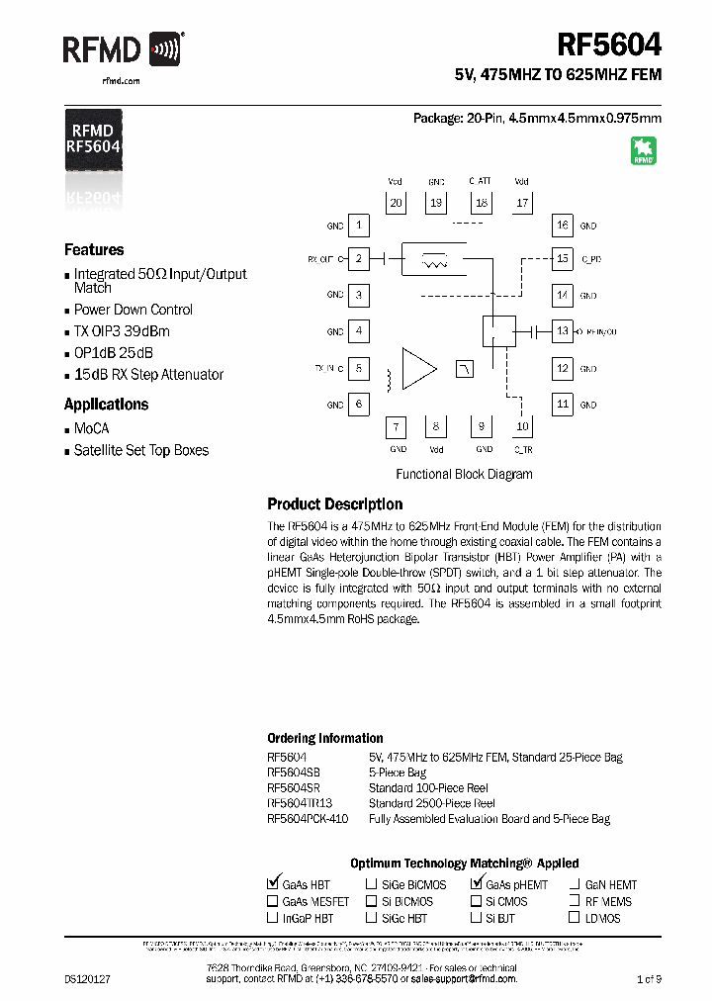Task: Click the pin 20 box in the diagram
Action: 396,203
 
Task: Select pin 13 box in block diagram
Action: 562,331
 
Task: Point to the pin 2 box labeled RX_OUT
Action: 358,259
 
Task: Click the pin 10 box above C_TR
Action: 522,426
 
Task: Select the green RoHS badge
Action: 644,151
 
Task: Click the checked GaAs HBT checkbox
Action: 273,884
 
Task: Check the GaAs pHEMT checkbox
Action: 477,884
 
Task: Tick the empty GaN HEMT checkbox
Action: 575,885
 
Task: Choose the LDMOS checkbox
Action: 575,918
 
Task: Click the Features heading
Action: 94,250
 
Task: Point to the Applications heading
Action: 106,405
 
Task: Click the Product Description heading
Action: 335,504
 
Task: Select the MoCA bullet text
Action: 92,428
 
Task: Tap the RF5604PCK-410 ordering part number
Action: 308,819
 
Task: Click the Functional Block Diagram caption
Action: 464,474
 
